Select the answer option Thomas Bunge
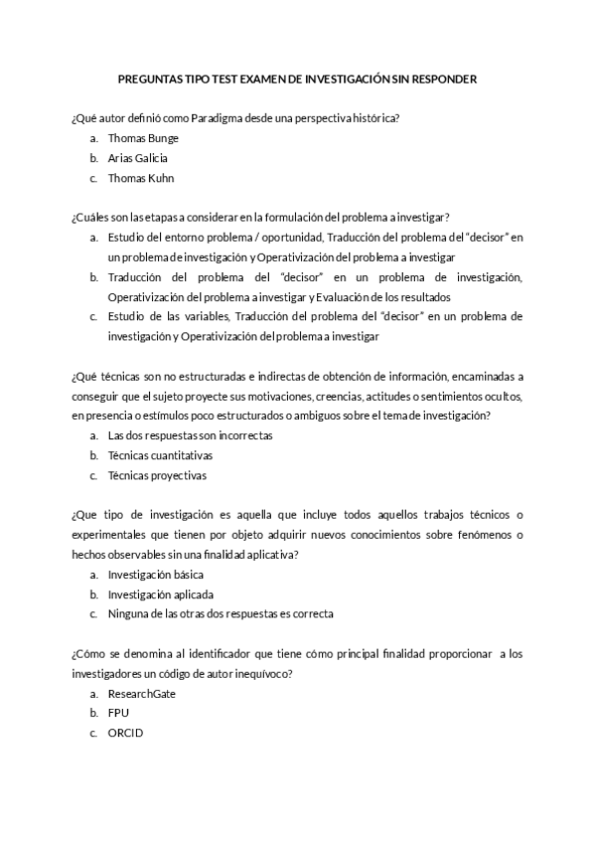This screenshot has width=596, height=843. coord(143,138)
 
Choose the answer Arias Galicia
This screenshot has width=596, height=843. coord(137,158)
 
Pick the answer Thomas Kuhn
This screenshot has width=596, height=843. coord(140,178)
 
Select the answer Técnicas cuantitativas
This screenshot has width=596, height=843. coord(160,455)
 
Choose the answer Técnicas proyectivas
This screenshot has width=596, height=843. coord(157,475)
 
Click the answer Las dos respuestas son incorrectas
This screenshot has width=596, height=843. coord(190,435)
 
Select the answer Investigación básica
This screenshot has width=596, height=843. coord(156,575)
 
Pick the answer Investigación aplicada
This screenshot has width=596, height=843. coord(159,594)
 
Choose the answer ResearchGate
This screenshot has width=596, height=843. coord(142,693)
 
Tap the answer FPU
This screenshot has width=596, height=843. coord(118,713)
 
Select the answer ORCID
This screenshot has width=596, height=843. coord(125,733)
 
